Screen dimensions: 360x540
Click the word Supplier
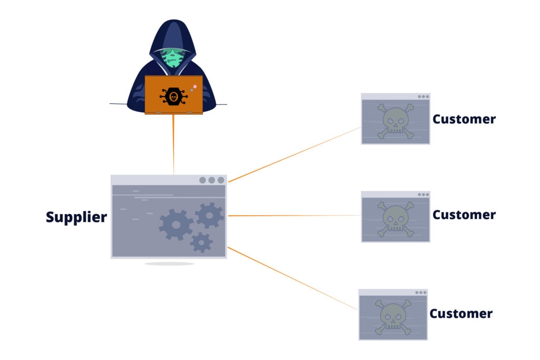76,217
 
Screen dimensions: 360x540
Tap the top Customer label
464,119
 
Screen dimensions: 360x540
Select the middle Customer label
464,215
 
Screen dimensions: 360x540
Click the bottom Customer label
461,314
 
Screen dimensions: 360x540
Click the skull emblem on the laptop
173,96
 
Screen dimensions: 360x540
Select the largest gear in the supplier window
176,225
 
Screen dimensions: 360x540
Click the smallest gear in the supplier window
201,242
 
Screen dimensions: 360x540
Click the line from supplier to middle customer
295,216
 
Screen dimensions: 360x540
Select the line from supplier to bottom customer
293,278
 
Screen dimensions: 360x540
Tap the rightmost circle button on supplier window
220,180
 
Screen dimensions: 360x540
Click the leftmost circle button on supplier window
202,180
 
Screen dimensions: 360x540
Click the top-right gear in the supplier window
209,215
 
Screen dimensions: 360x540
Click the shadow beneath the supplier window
169,264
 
